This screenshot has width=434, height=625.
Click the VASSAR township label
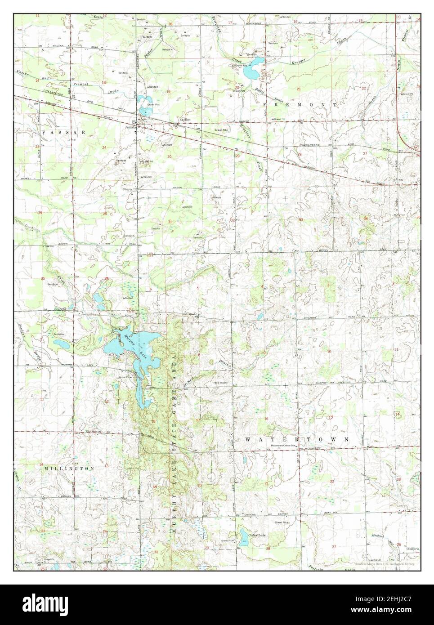[63, 133]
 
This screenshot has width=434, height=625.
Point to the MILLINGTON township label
[69, 468]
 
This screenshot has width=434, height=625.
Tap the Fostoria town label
[413, 549]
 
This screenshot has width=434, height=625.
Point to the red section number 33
[300, 219]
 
